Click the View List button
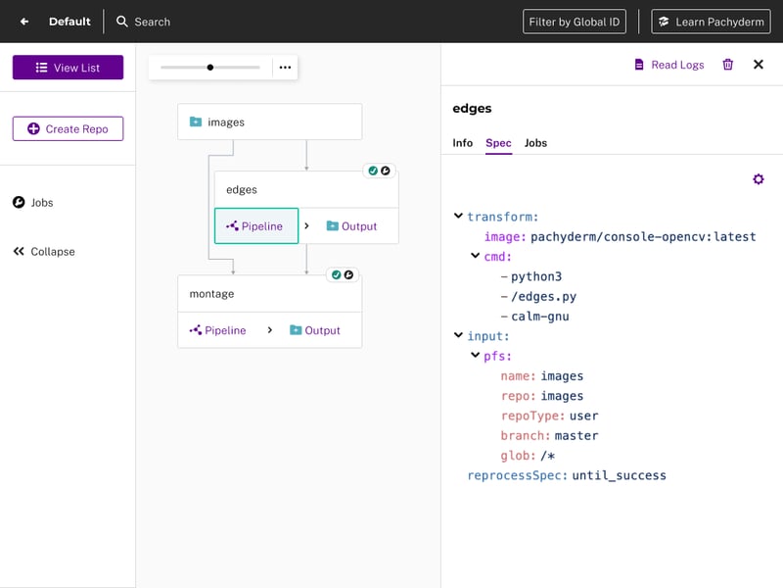tap(68, 68)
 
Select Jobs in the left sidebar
tap(33, 203)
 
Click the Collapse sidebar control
tap(44, 252)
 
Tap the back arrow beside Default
tap(24, 22)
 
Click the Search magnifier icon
tap(121, 22)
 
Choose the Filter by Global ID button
tap(575, 22)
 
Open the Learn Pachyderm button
tap(711, 22)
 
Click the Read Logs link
tap(669, 65)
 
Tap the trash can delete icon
tap(728, 65)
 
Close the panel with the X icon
tap(758, 65)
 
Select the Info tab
tap(462, 143)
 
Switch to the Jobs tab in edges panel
tap(535, 143)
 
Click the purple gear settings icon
tap(758, 179)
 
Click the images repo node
tap(270, 122)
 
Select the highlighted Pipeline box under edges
tap(256, 226)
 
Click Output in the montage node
tap(315, 330)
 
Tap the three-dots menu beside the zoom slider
tap(285, 68)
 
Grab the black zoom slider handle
tap(210, 68)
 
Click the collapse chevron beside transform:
tap(458, 216)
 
